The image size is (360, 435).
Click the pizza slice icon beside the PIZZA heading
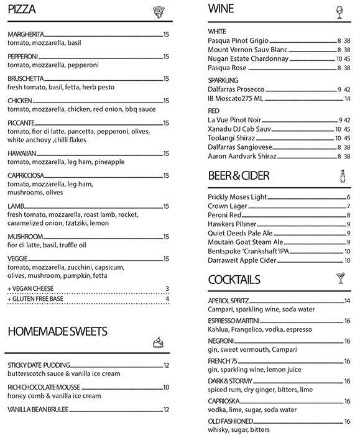[x=159, y=11]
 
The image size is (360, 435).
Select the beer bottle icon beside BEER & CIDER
[x=342, y=176]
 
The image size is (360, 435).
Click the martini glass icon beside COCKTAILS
[x=341, y=278]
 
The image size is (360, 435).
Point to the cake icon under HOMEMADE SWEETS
[x=159, y=342]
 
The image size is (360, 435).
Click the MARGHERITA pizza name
[x=25, y=34]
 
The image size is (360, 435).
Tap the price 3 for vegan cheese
[x=168, y=288]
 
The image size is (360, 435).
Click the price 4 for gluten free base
[x=168, y=299]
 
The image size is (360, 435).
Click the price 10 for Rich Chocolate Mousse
[x=166, y=387]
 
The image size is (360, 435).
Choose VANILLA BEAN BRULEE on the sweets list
[x=38, y=410]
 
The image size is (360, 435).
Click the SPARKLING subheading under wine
[x=223, y=80]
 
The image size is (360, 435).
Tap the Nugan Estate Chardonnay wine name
[x=248, y=58]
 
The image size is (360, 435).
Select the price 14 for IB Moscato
[x=347, y=98]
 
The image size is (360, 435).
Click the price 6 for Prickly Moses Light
[x=349, y=197]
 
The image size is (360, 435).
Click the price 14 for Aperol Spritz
[x=347, y=301]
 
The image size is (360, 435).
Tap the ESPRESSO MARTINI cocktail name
[x=233, y=321]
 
